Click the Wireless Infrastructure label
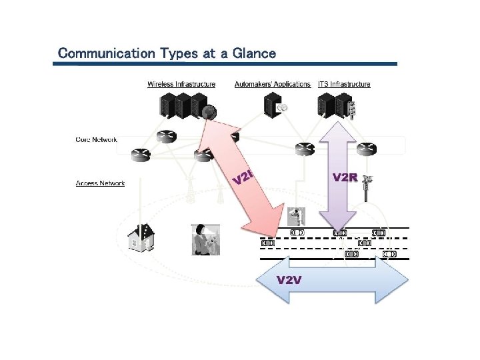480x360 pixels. pos(181,84)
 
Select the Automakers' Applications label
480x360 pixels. pos(273,84)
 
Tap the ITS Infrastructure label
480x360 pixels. pos(344,84)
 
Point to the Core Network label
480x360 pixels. pos(97,140)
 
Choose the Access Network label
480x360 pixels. pos(100,183)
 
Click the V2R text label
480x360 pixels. pos(345,177)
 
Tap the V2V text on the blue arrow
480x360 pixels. pos(289,279)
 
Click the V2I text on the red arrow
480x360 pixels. pos(244,177)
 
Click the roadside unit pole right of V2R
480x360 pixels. pos(365,186)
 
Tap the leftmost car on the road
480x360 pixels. pos(268,243)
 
